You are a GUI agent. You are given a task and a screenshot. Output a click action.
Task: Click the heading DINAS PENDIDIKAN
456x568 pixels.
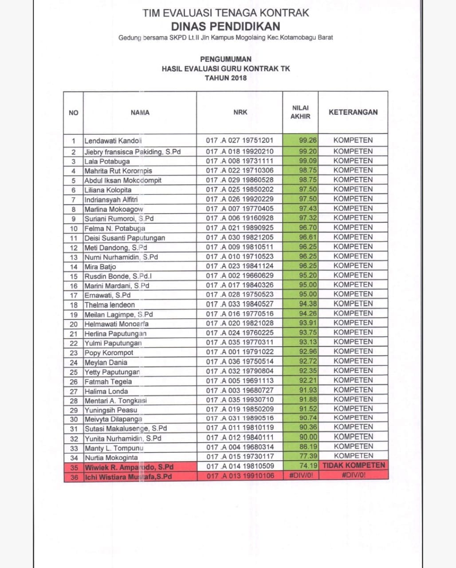(x=225, y=26)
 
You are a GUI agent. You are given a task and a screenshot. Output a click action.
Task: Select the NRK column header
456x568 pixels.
(x=240, y=112)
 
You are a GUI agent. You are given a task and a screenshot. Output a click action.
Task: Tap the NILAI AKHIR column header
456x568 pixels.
(x=300, y=112)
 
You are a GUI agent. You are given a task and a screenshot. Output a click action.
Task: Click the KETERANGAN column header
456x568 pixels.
(x=353, y=112)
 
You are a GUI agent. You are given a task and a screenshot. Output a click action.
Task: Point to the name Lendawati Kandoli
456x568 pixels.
(x=113, y=141)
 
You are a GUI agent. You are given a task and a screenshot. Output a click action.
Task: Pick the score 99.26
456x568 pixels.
(x=308, y=140)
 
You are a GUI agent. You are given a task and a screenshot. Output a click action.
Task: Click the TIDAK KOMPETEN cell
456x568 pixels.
(x=354, y=465)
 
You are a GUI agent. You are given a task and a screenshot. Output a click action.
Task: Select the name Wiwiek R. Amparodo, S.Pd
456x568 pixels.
(x=129, y=467)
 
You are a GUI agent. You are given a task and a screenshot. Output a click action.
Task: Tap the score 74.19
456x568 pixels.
(x=308, y=466)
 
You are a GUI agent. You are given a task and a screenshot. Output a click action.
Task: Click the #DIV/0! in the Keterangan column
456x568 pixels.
(x=354, y=475)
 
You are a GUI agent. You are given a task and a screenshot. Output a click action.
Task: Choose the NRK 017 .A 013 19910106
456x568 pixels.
(x=240, y=476)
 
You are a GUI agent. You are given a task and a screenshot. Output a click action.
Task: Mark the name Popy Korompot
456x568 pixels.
(x=109, y=353)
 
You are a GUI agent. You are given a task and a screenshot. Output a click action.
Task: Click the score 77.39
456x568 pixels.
(x=308, y=456)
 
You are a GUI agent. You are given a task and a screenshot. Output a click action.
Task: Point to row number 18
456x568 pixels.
(x=74, y=305)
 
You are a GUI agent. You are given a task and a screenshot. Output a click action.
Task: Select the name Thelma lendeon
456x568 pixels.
(x=110, y=305)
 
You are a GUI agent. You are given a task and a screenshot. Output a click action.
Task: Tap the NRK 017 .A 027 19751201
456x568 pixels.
(x=240, y=141)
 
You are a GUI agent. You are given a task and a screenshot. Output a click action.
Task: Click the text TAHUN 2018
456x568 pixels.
(x=225, y=78)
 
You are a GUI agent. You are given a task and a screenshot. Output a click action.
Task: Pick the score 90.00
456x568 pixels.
(x=308, y=437)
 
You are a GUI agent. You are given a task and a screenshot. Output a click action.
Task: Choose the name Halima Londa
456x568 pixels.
(x=106, y=391)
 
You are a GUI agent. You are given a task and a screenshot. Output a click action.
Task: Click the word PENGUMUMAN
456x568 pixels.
(x=225, y=59)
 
